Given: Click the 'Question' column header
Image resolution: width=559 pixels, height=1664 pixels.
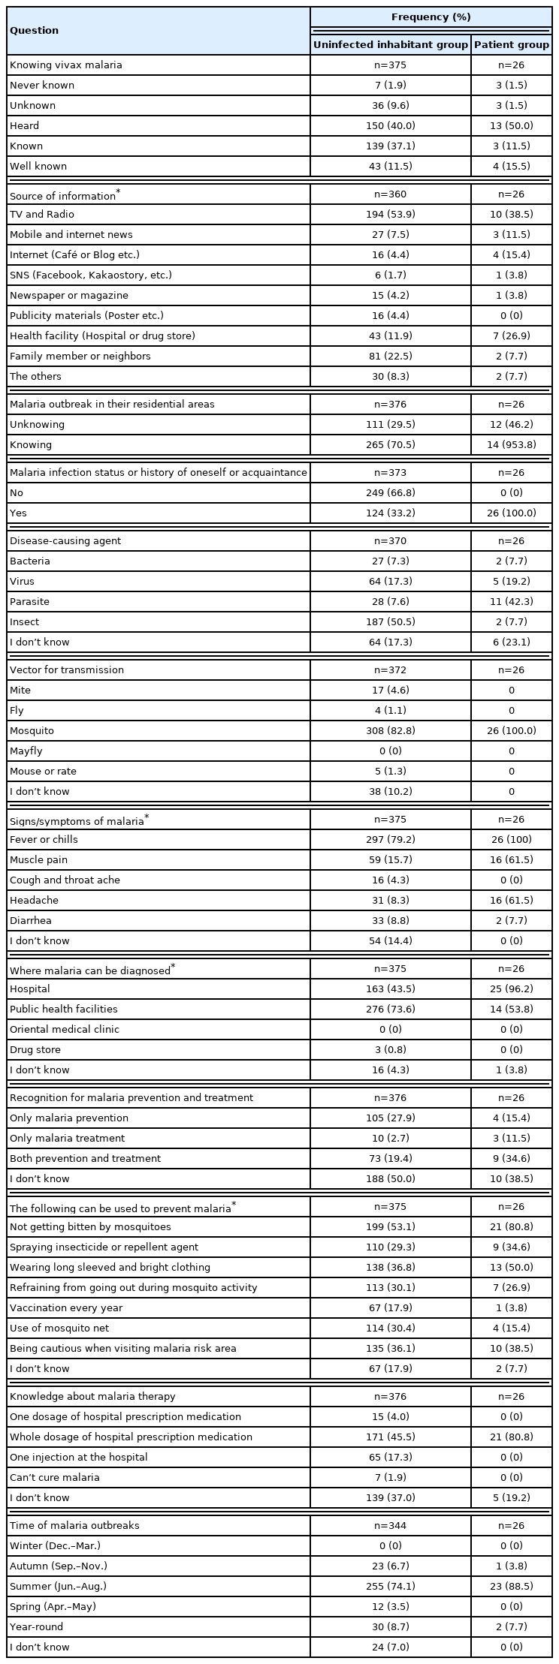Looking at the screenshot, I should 34,31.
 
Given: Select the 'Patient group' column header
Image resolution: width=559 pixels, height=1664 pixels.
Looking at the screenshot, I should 511,45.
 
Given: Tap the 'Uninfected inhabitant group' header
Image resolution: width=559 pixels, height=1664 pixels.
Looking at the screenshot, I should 390,45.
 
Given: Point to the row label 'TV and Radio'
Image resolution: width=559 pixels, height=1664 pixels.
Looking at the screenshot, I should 42,215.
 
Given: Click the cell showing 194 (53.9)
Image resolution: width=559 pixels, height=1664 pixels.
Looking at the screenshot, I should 390,215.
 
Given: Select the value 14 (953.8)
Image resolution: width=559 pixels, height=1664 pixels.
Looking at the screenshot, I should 511,445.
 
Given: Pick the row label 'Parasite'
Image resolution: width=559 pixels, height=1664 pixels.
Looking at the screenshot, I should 29,602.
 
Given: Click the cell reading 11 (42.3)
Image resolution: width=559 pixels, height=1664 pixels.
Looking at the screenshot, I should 511,602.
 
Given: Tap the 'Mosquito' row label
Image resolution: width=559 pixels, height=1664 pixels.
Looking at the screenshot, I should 32,731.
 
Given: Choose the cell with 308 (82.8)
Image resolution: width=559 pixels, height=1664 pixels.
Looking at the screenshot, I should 390,731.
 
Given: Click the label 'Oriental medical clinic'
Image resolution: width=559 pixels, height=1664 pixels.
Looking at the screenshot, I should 65,1030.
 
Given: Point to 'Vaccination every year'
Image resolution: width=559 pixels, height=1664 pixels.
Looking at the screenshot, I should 66,1308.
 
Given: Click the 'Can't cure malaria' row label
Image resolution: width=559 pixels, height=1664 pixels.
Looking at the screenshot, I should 55,1478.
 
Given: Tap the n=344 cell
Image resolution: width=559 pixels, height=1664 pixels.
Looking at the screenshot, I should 390,1526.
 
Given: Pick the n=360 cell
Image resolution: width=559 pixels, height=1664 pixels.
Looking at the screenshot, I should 390,194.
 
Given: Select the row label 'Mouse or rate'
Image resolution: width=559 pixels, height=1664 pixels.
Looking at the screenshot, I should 43,772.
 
